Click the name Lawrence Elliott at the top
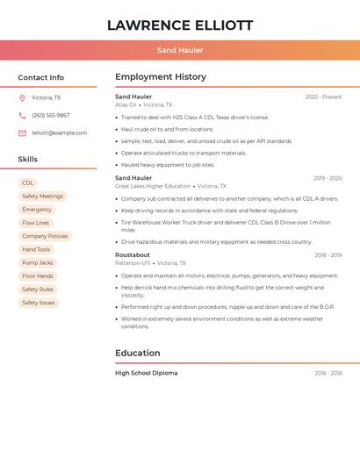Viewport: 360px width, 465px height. coord(180,25)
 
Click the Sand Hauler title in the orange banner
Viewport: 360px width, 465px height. coord(180,50)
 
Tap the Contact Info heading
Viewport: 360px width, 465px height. coord(40,77)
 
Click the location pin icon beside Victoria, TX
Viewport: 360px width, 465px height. coord(22,98)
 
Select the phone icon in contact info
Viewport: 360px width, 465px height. coord(22,116)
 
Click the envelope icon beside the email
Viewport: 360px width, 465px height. coord(22,133)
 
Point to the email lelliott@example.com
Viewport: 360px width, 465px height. coord(60,133)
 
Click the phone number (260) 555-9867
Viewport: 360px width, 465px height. coord(50,116)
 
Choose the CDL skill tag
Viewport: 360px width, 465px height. coord(28,183)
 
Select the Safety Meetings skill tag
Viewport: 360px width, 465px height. coord(42,197)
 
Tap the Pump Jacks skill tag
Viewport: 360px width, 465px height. coord(38,263)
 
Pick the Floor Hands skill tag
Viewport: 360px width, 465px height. coord(38,276)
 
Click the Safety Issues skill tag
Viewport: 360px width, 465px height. coord(39,303)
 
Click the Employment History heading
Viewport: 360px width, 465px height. coord(161,77)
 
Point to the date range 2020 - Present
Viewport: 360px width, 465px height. coord(323,97)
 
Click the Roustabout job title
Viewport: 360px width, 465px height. coord(133,255)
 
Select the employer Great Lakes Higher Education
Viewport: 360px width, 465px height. coord(153,186)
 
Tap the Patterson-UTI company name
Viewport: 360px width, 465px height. coord(132,263)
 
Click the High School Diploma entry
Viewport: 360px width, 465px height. coord(146,373)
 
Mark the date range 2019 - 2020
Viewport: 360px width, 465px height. coord(328,178)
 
